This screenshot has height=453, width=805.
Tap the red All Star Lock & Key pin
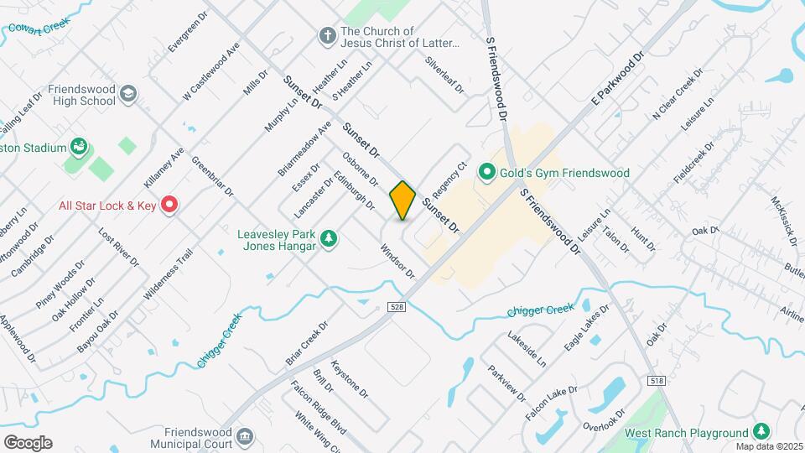[x=169, y=205]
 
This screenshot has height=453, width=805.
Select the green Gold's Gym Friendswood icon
[x=486, y=173]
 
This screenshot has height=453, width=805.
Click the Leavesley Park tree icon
[x=330, y=240]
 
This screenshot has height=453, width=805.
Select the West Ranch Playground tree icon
[x=761, y=431]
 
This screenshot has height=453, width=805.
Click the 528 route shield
[x=397, y=307]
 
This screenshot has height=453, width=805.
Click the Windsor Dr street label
[x=397, y=261]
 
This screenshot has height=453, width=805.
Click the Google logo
[x=28, y=442]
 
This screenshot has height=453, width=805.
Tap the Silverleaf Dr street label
[x=444, y=75]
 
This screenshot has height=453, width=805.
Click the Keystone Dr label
[x=349, y=379]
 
